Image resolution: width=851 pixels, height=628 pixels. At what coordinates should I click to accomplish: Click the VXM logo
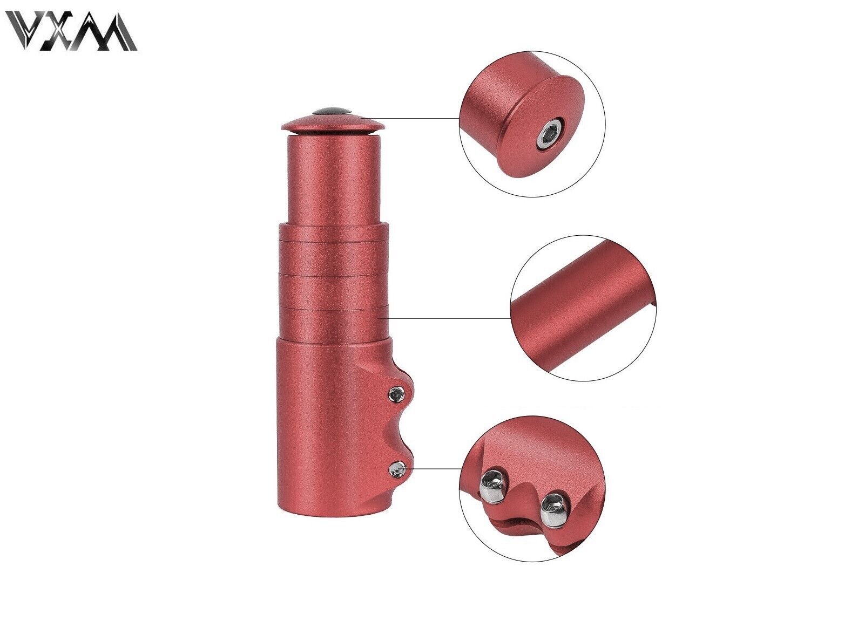point(73,31)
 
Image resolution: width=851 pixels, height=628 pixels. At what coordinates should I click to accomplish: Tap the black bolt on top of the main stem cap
point(332,111)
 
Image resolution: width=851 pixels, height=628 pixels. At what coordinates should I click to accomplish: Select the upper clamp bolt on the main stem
point(395,392)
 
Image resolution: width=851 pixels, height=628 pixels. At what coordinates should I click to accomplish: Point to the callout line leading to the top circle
point(413,118)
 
